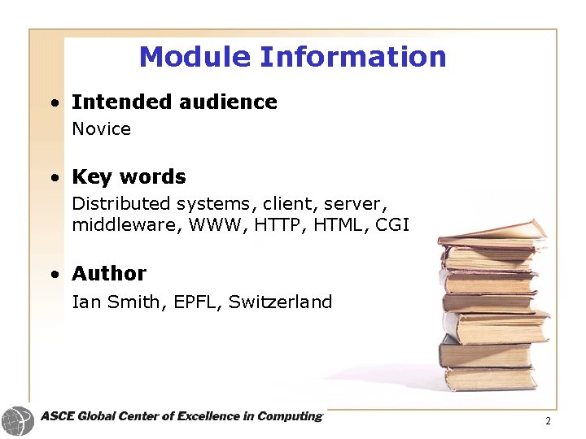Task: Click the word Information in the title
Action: [x=352, y=57]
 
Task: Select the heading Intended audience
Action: [x=174, y=102]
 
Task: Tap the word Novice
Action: [x=101, y=129]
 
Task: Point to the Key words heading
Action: [x=129, y=177]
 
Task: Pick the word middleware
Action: [x=126, y=224]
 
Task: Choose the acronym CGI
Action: [x=392, y=224]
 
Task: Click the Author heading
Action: [x=109, y=274]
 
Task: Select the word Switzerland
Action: [x=280, y=302]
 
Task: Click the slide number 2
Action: [x=548, y=421]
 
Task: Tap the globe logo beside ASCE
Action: [x=17, y=421]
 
